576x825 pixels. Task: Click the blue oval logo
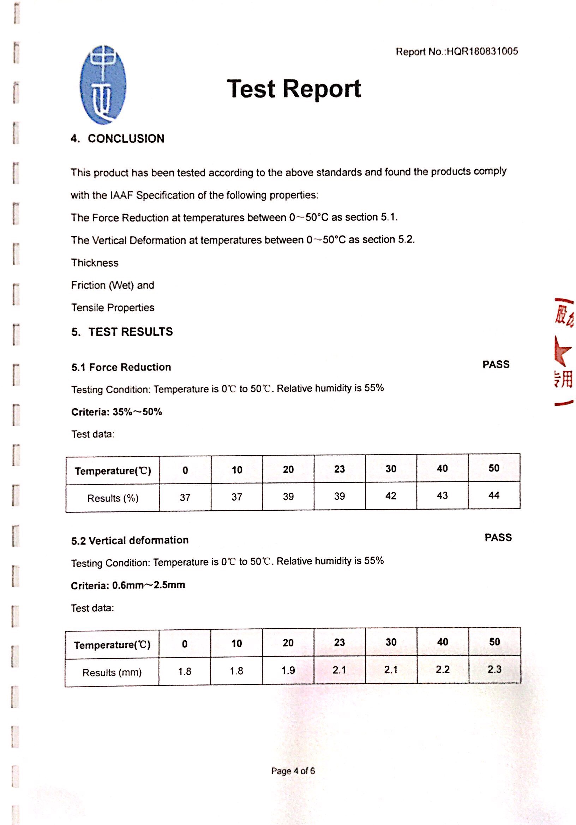point(103,85)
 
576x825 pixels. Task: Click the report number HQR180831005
point(457,51)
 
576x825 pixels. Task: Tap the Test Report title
point(294,89)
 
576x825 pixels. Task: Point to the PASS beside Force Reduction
point(496,365)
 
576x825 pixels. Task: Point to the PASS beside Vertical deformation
point(498,538)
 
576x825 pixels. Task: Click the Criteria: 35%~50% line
point(117,412)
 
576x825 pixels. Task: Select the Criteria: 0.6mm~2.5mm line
point(128,585)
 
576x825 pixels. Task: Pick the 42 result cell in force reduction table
point(391,496)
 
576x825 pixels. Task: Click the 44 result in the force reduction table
point(494,495)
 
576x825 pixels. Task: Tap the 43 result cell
point(442,495)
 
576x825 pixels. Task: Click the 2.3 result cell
point(494,669)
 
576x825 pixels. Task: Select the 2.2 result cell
point(443,669)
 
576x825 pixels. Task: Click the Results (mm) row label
point(112,672)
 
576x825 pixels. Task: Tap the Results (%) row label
point(113,498)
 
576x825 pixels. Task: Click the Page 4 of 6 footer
point(293,771)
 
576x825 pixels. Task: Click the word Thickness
point(95,263)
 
